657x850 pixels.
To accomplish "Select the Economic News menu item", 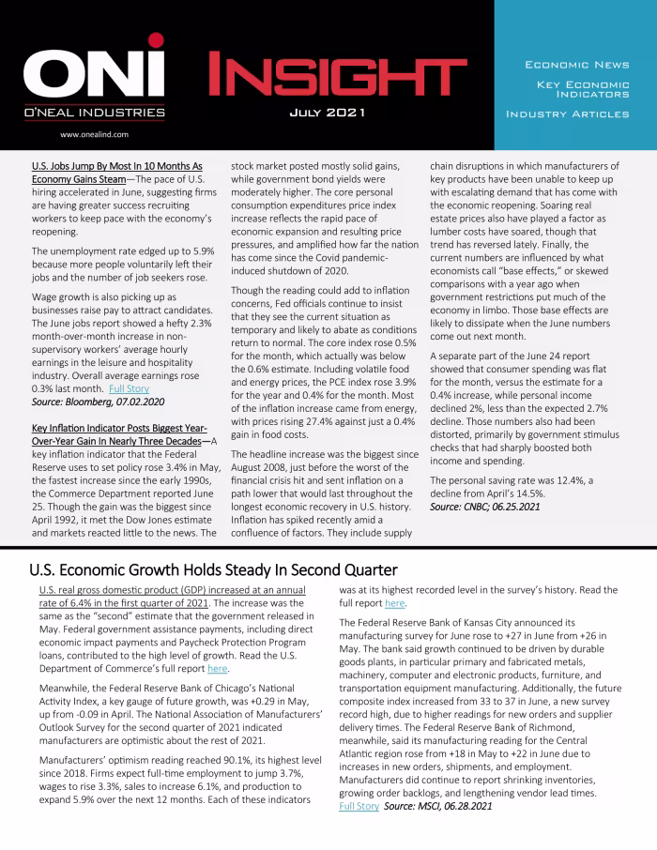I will (576, 65).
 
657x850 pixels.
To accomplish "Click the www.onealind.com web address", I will (93, 135).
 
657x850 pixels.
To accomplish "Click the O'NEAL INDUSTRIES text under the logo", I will (93, 113).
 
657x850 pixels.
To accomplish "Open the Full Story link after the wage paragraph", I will (129, 387).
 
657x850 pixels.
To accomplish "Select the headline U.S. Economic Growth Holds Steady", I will (213, 569).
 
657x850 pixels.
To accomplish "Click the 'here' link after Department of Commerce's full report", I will (217, 669).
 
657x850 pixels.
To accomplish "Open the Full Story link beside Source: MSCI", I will (359, 806).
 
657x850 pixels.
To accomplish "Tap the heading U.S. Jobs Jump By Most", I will (117, 165).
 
